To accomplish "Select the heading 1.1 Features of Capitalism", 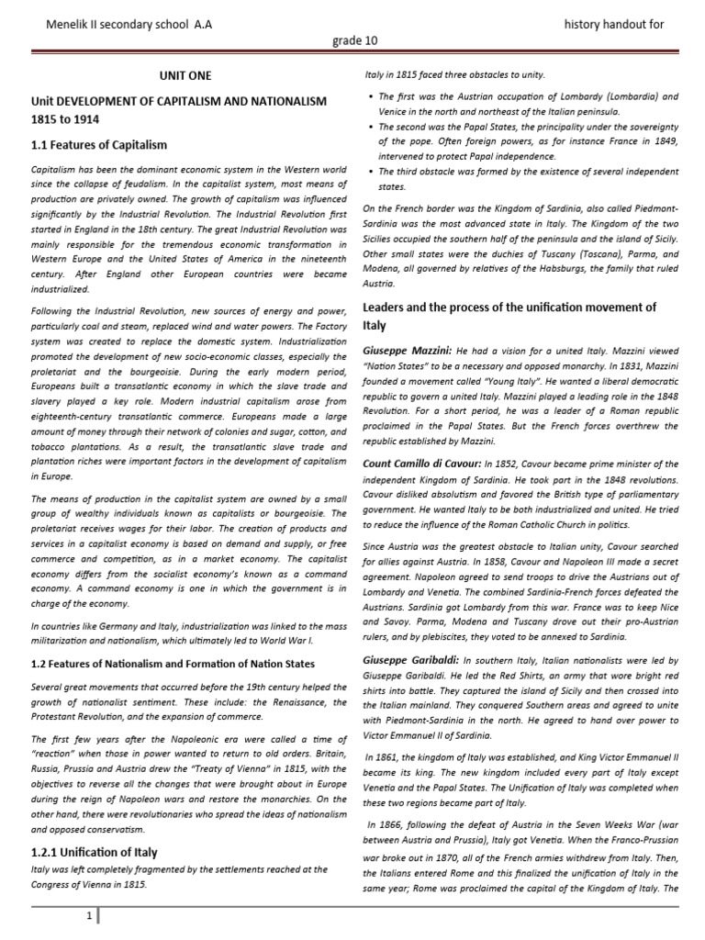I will pos(99,145).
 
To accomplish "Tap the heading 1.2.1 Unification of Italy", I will pos(94,852).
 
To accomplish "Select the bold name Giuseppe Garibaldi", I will pos(410,660).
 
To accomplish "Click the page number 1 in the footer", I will pos(87,916).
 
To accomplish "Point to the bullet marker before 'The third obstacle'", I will pos(369,171).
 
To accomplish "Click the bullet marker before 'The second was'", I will pos(369,126).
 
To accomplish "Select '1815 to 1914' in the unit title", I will pos(66,119).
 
